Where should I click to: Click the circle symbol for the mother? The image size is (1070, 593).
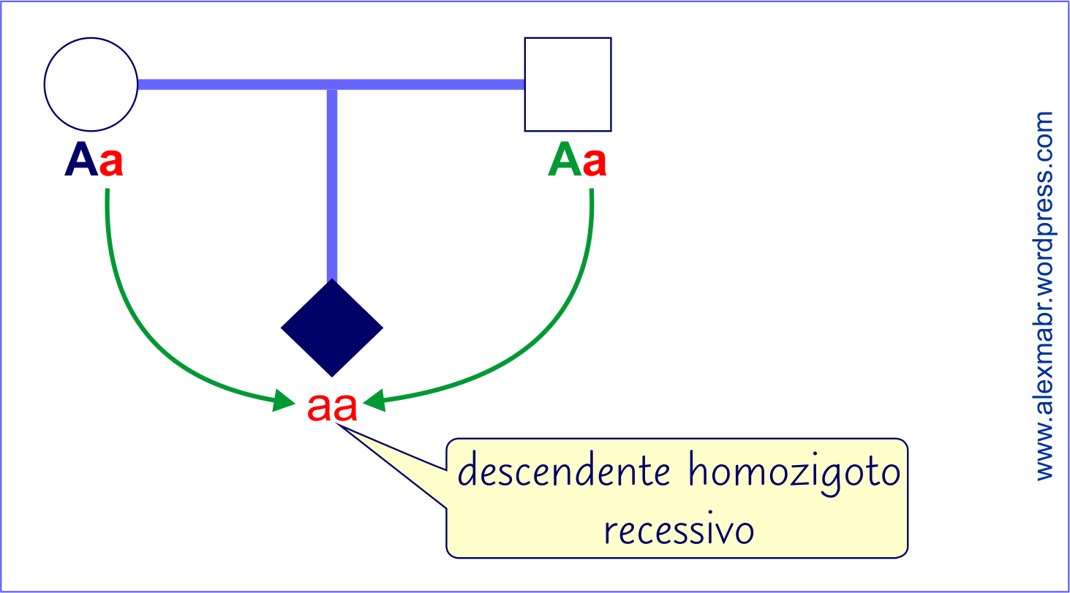(91, 84)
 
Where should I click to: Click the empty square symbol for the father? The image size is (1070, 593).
(568, 84)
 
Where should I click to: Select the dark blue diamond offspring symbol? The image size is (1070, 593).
(332, 328)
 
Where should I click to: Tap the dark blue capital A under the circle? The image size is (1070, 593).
(80, 160)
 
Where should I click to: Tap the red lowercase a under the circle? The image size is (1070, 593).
(111, 163)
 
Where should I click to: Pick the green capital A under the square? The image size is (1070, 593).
(565, 160)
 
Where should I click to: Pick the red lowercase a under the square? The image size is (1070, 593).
(595, 163)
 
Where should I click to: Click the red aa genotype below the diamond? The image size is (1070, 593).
(332, 408)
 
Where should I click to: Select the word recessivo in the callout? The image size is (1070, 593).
(679, 531)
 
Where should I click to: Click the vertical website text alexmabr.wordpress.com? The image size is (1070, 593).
(1045, 295)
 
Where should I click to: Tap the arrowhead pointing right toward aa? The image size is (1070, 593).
(284, 400)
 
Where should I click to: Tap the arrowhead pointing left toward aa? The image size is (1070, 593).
(374, 399)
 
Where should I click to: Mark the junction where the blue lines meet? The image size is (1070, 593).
(332, 85)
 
